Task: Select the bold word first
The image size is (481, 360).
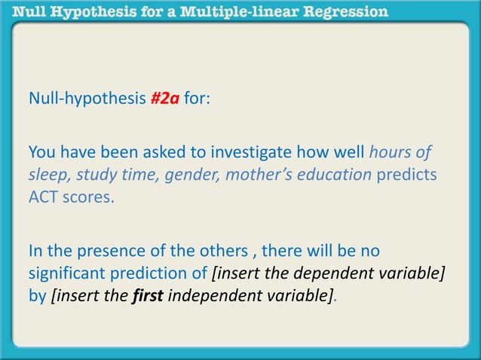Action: (148, 295)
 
